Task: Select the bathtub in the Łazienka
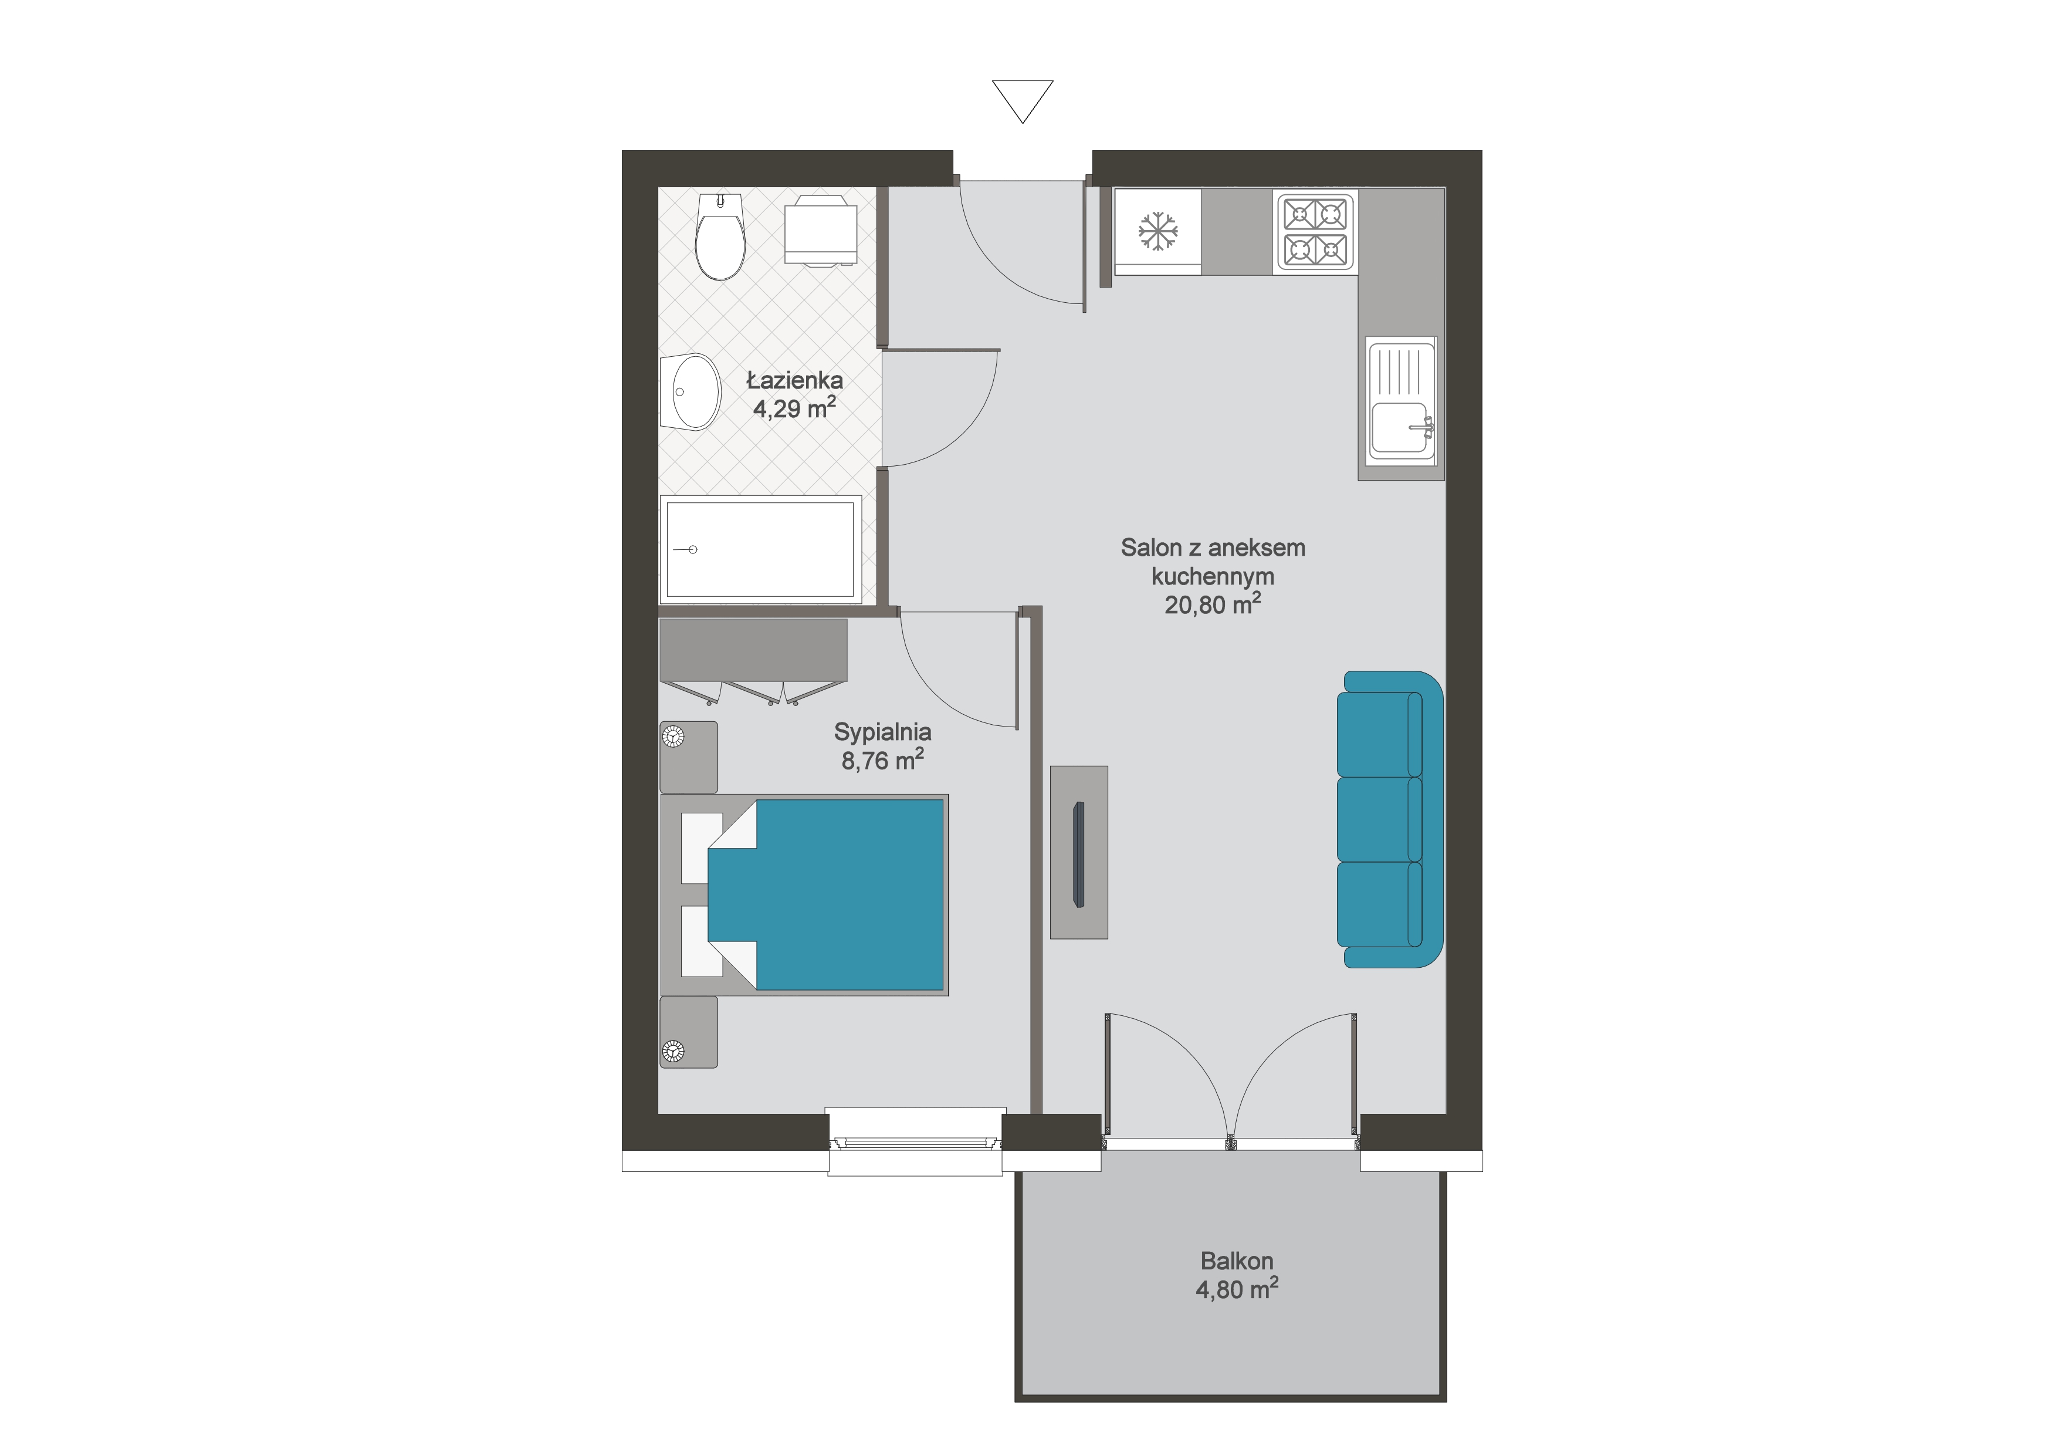(761, 549)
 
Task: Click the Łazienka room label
(795, 380)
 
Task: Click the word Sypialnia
(883, 732)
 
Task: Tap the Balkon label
(1237, 1261)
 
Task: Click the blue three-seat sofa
(1389, 819)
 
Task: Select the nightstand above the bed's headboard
(688, 756)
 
